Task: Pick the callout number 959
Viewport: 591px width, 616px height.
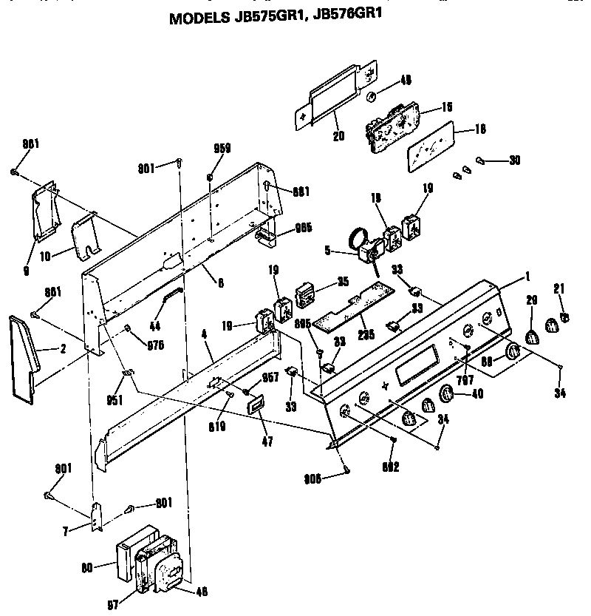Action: pos(222,148)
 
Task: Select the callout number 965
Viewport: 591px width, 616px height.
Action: pos(302,228)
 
